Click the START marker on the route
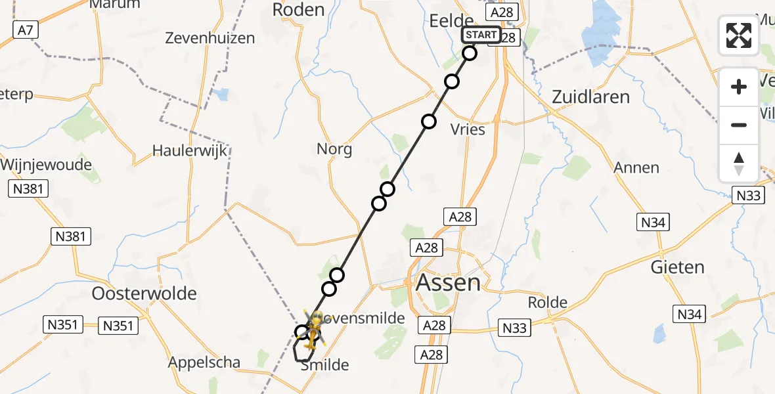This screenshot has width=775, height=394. point(481,35)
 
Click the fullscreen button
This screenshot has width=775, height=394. point(739,35)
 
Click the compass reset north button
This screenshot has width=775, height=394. point(739,163)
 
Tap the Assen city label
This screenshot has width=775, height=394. point(448,283)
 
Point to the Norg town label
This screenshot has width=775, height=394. point(334,149)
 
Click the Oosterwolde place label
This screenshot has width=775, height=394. point(144,293)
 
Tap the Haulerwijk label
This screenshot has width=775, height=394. point(190,150)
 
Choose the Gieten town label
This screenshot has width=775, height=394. point(677,267)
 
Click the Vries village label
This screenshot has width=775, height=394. point(469,129)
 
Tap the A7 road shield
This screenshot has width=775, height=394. point(24,28)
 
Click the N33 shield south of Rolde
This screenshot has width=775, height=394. point(515,328)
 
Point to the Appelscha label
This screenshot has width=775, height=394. point(204,362)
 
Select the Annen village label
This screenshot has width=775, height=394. point(636,167)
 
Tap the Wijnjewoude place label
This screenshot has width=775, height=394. point(46,165)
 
